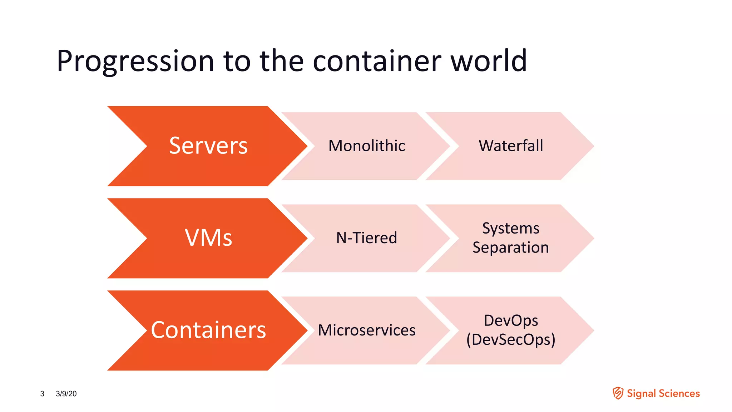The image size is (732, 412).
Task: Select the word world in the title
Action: click(x=488, y=61)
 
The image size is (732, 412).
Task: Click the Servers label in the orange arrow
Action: click(x=208, y=146)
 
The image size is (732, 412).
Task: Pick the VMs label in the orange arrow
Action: click(x=208, y=238)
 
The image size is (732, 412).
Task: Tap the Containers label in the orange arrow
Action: click(x=208, y=330)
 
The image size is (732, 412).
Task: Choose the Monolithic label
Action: click(x=367, y=146)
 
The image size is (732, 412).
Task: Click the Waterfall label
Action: click(x=511, y=146)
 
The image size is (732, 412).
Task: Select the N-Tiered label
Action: click(x=367, y=238)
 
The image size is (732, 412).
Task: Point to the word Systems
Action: click(x=511, y=229)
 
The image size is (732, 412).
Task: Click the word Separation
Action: click(x=511, y=247)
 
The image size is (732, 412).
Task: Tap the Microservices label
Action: click(x=367, y=330)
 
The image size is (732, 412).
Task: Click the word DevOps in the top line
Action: click(x=511, y=321)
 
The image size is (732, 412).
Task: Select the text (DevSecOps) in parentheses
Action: click(x=511, y=340)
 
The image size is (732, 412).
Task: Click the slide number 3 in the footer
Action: click(x=42, y=394)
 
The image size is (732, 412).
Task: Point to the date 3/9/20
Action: click(x=66, y=394)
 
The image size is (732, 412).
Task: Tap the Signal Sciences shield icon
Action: click(x=618, y=393)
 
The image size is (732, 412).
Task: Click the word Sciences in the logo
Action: click(x=679, y=393)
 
